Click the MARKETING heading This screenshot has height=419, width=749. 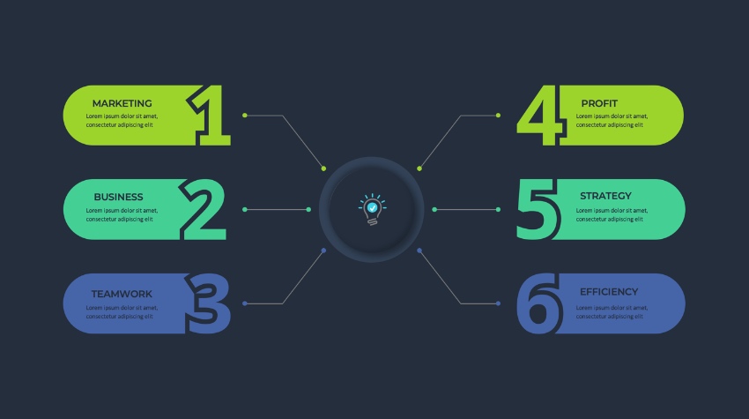pyautogui.click(x=122, y=103)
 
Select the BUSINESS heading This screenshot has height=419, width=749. pyautogui.click(x=118, y=197)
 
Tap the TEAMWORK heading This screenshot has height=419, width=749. pyautogui.click(x=122, y=294)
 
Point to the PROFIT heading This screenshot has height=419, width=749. pyautogui.click(x=599, y=103)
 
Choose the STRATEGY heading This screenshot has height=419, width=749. pyautogui.click(x=605, y=196)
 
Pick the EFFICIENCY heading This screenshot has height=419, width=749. pyautogui.click(x=609, y=292)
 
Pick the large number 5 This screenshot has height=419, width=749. pyautogui.click(x=537, y=210)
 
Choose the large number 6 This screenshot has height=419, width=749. pyautogui.click(x=538, y=303)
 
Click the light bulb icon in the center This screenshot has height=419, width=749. pyautogui.click(x=372, y=210)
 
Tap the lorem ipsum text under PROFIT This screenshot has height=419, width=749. pyautogui.click(x=612, y=121)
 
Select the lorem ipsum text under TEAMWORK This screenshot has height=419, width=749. pyautogui.click(x=122, y=312)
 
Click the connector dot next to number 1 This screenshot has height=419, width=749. pyautogui.click(x=245, y=116)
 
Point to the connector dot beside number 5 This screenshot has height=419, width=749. pyautogui.click(x=498, y=210)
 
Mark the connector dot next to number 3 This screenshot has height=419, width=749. pyautogui.click(x=245, y=303)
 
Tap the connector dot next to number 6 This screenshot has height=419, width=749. pyautogui.click(x=498, y=303)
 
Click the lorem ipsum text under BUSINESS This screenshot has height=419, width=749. pyautogui.click(x=122, y=214)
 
